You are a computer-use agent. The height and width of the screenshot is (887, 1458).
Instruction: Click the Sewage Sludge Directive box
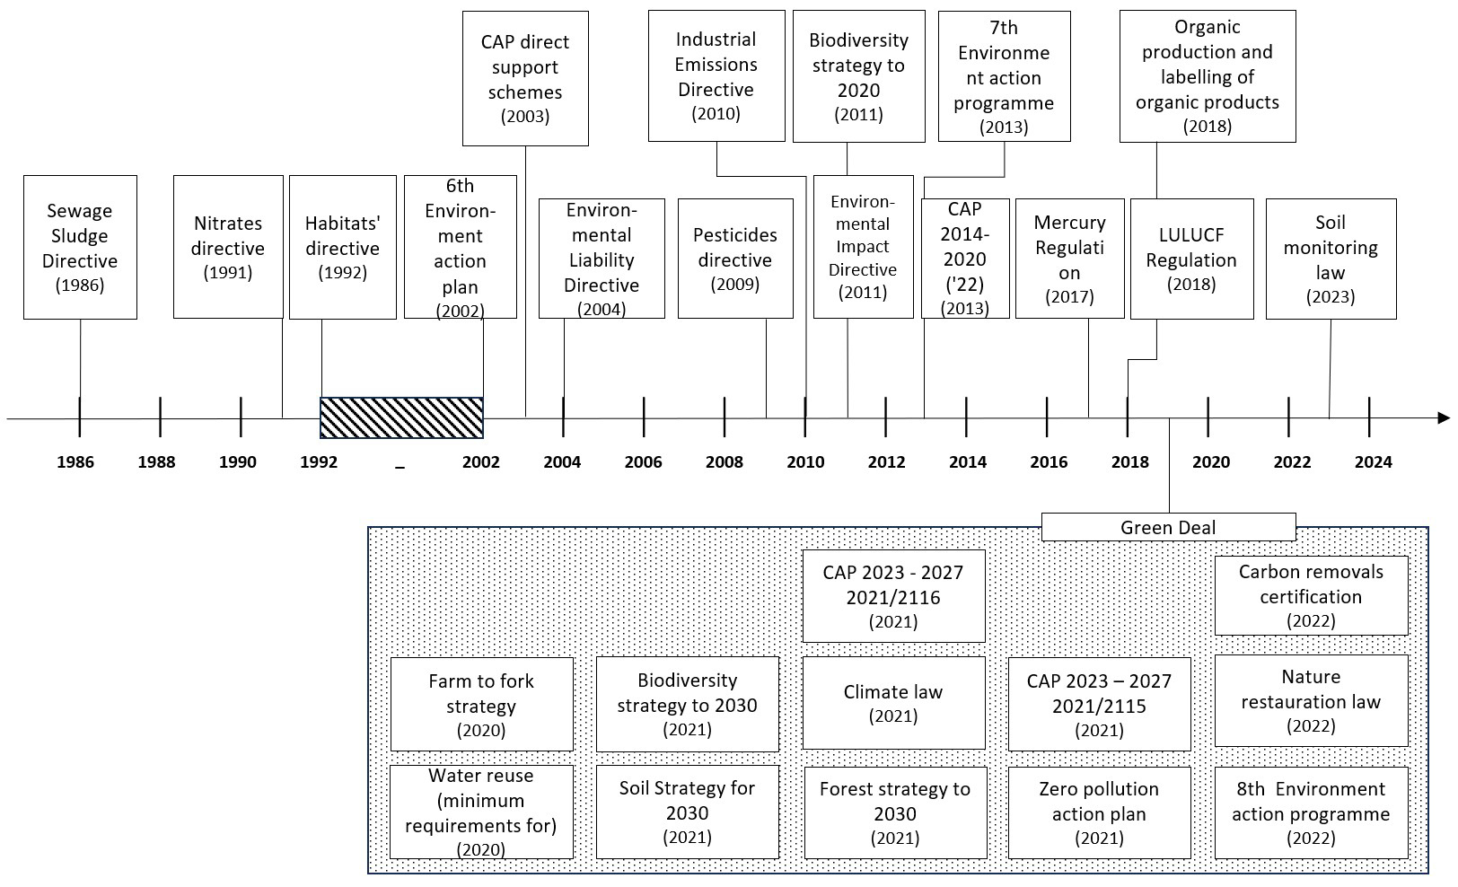80,247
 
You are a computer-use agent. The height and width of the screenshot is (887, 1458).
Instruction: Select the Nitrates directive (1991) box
228,247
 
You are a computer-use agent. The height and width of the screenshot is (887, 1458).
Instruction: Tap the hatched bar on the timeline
401,417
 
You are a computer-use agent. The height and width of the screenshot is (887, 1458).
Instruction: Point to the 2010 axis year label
805,462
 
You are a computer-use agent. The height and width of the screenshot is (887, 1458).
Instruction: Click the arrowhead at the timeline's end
1445,417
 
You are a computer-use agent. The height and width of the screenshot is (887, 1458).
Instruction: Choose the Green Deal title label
1168,527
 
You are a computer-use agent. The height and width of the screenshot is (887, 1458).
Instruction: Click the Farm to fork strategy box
481,704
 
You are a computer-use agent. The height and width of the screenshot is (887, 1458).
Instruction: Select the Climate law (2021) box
893,703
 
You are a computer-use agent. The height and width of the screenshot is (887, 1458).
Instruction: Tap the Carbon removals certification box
1312,595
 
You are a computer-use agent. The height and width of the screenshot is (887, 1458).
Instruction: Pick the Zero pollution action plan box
1100,812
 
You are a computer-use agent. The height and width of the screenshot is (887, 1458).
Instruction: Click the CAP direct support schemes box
525,79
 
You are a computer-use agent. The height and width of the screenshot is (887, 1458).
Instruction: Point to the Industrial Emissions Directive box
716,75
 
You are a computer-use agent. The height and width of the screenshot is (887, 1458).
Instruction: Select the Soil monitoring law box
1331,259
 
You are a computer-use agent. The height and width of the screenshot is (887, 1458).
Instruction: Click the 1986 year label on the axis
75,462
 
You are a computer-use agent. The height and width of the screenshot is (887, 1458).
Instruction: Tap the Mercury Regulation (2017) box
1070,259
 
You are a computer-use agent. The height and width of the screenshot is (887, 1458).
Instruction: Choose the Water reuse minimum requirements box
481,812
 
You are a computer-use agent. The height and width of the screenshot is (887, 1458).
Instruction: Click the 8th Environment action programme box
1312,812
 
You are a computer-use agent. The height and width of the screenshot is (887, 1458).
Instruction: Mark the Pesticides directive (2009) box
735,259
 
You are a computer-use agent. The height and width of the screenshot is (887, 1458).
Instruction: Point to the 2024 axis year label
1374,462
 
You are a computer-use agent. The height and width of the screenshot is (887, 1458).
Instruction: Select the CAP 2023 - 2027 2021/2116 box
893,596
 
